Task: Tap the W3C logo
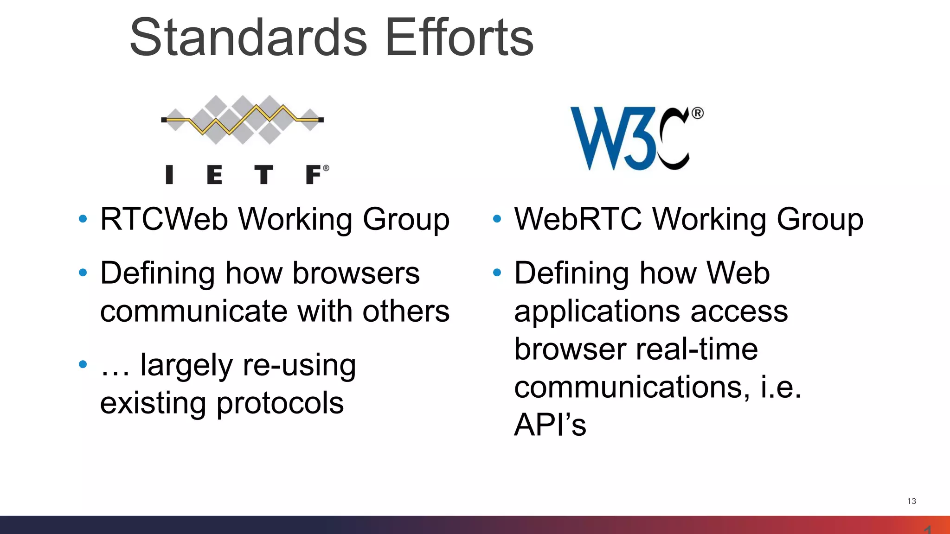(x=631, y=138)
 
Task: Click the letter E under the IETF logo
(x=214, y=175)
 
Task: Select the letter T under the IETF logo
(x=263, y=175)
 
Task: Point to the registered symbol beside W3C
(x=698, y=113)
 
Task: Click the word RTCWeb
(x=164, y=219)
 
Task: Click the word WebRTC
(x=578, y=219)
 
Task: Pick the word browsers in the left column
(x=356, y=273)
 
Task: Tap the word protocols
(x=280, y=403)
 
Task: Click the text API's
(x=550, y=425)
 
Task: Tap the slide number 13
(x=911, y=501)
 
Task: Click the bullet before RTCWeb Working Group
(x=83, y=219)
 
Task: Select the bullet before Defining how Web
(x=497, y=273)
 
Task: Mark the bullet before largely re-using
(x=83, y=365)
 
